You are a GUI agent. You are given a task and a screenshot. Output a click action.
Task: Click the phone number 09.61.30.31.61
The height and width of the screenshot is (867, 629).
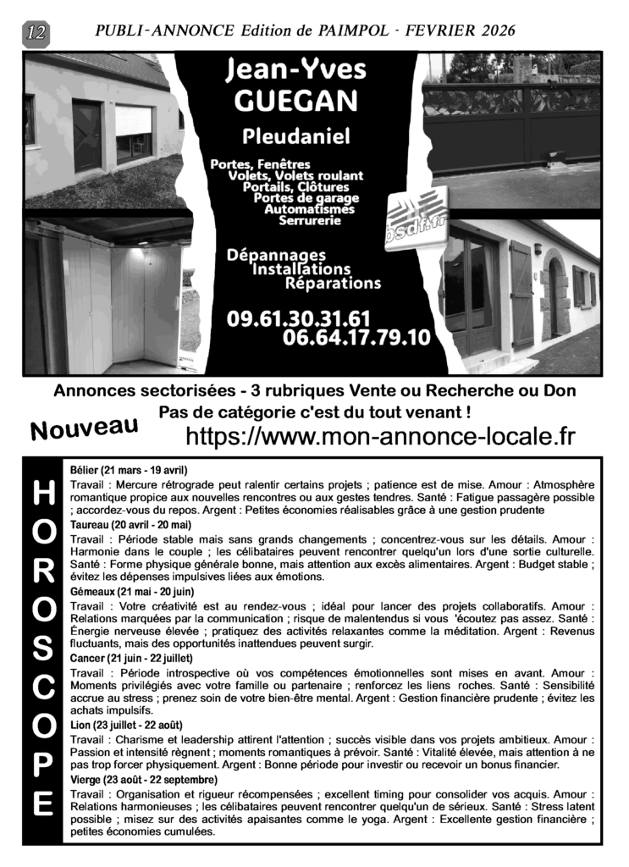click(299, 318)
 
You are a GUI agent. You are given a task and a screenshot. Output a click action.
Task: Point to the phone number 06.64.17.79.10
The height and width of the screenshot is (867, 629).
click(357, 339)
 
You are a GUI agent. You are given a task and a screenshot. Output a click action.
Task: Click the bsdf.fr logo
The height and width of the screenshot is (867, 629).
click(415, 218)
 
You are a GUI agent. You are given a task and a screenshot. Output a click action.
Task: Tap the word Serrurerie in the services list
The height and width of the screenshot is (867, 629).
click(310, 221)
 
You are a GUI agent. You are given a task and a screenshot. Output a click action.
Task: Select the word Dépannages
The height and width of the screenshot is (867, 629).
click(276, 254)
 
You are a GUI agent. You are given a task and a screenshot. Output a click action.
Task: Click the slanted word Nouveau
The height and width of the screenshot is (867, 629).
click(84, 428)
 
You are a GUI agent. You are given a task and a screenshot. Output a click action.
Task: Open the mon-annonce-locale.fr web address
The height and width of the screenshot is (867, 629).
click(379, 436)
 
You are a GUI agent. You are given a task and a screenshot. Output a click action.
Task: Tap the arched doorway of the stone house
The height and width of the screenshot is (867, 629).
click(555, 296)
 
